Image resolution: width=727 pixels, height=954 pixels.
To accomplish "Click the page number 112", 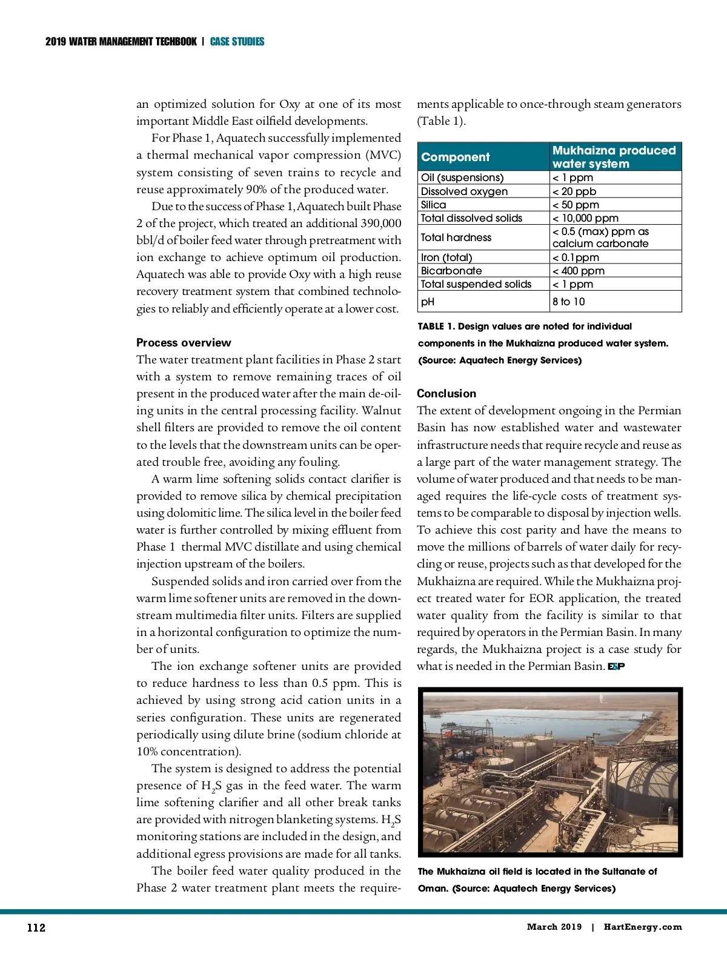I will coord(36,927).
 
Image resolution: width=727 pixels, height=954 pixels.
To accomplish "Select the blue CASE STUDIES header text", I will coord(237,42).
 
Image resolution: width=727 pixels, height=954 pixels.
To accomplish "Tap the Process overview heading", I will coord(184,342).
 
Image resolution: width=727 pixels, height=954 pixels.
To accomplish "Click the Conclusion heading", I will coord(446,393).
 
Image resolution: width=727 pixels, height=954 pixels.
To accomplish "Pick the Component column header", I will coord(455,157).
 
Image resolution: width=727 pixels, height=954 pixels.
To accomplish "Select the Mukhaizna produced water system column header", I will coord(614,157).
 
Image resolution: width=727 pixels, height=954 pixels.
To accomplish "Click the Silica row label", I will coord(433,205).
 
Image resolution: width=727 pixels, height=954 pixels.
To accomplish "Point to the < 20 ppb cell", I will coord(574,191).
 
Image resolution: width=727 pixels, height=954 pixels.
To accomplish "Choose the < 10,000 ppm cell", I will coord(585,218).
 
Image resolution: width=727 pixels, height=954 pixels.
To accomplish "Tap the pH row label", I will coord(428,302).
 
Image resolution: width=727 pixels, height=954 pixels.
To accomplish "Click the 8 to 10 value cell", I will coord(568,302).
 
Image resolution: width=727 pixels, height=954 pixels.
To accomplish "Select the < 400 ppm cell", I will coord(579,271).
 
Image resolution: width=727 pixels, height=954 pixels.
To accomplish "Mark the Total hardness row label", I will coord(456,237).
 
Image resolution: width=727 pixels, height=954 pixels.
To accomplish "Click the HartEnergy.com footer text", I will coord(643,927).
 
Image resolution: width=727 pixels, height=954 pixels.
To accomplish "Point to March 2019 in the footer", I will coord(554,927).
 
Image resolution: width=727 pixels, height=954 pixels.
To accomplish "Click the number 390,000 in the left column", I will coord(380,224).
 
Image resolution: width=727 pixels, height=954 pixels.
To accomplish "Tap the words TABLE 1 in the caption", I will coord(436,326).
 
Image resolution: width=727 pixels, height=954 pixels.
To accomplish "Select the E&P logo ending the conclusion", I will coord(616,666).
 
